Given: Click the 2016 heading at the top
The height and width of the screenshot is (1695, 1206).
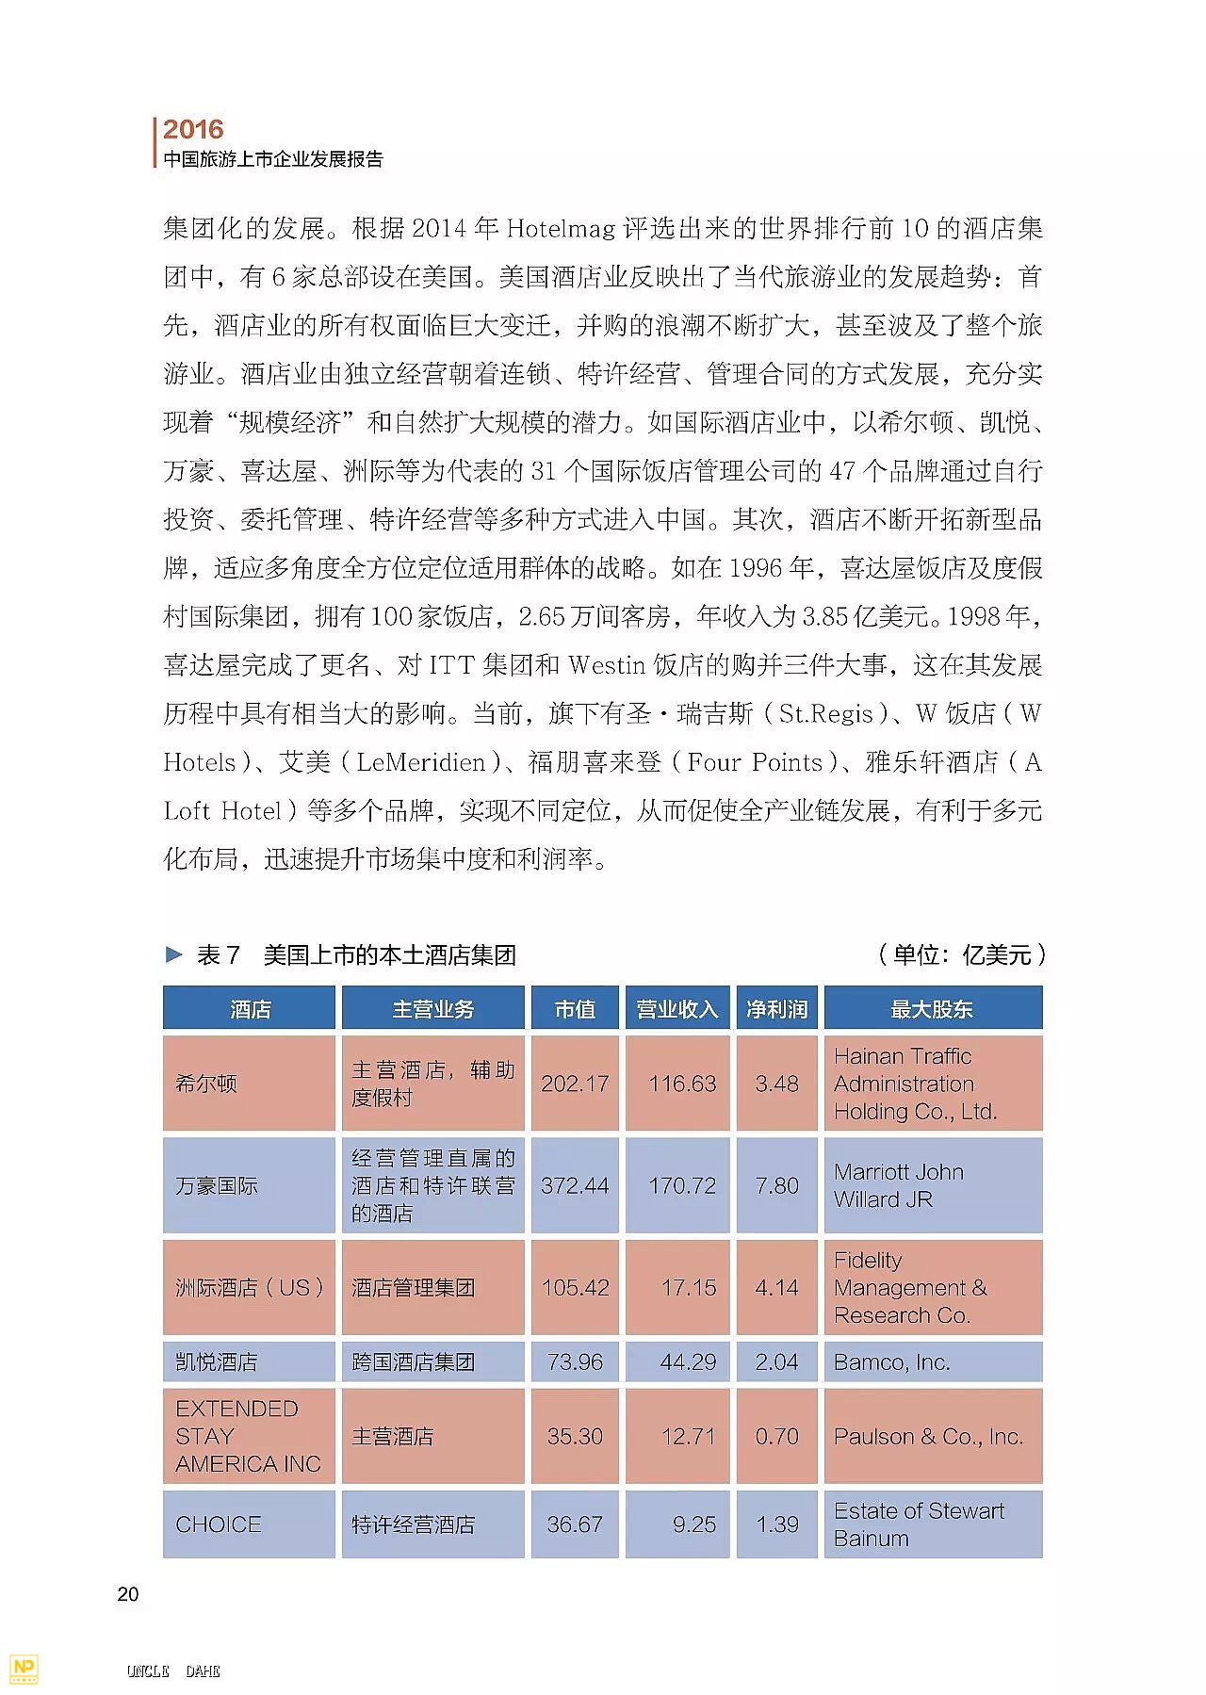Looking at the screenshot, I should point(193,129).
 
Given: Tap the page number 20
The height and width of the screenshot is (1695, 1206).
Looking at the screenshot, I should point(128,1593).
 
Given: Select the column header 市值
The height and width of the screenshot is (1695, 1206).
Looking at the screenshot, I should point(575,1009).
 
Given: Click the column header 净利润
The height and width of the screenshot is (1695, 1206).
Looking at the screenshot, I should point(776,1009).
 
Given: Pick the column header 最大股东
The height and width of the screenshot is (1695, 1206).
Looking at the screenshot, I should point(932,1009).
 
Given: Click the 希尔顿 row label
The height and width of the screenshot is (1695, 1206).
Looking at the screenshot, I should point(206,1084).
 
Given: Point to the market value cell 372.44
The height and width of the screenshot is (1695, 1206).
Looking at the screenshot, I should point(575,1185).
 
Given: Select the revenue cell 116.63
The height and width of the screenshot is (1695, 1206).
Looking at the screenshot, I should point(682,1084).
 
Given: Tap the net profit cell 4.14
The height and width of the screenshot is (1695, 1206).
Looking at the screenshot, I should point(776,1287).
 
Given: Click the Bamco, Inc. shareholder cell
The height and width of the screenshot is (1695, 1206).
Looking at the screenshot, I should point(891,1361).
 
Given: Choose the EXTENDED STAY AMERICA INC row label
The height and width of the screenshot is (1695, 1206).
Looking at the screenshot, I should point(248,1436).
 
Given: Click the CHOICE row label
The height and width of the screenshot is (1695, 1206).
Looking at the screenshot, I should point(219,1524).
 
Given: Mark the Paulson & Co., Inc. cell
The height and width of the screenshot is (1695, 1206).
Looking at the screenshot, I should point(928,1436).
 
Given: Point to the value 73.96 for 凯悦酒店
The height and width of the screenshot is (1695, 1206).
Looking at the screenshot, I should point(575,1361).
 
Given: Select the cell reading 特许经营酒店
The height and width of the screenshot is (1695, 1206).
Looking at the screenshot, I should point(413,1524).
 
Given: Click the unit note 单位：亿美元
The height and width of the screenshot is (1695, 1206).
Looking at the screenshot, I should point(962,954).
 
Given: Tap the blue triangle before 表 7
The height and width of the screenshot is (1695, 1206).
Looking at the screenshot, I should point(173,954).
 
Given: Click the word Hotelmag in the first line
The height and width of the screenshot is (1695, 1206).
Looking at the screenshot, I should point(561,228).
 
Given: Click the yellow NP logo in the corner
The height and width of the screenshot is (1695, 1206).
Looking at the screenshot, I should point(23,1668).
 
